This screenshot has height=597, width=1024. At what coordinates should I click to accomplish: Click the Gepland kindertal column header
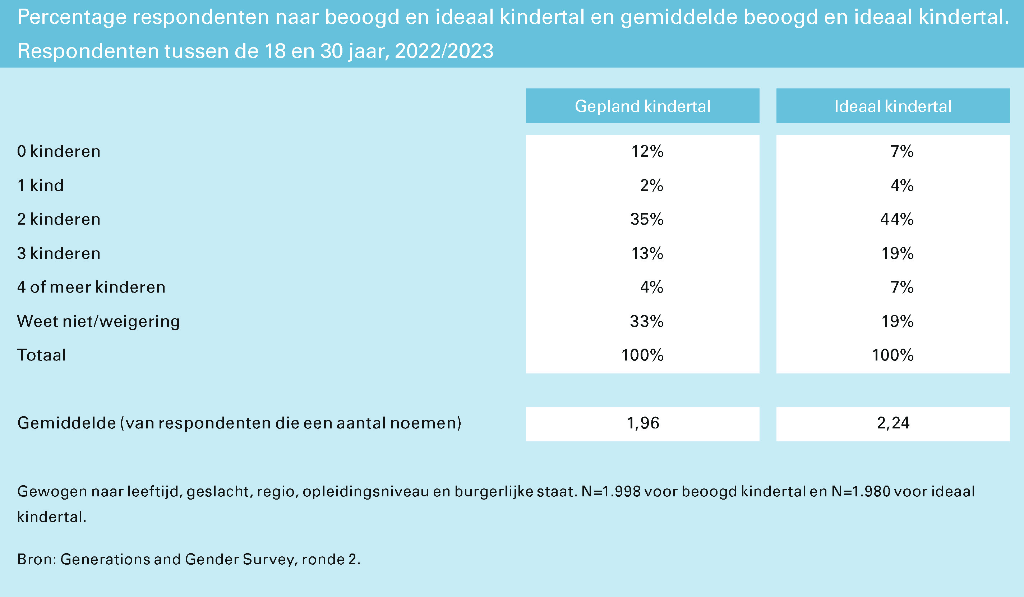[642, 106]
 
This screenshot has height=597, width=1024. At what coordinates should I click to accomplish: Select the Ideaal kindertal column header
[893, 106]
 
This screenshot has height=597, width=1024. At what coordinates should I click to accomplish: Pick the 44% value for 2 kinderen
[897, 219]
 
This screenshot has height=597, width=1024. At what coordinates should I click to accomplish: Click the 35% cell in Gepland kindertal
[646, 219]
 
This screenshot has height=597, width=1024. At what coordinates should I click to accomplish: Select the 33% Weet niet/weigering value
[646, 321]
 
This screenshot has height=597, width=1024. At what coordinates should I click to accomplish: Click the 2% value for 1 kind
[651, 185]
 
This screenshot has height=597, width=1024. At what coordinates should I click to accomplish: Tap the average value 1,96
[643, 423]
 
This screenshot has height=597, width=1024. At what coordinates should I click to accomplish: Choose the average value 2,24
[893, 423]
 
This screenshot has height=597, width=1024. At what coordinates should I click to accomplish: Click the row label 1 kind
[41, 185]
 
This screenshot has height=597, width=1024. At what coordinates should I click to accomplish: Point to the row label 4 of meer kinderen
[91, 287]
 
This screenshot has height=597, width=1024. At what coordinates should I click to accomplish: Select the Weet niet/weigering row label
[98, 321]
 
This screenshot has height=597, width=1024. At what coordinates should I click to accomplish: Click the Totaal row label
[41, 355]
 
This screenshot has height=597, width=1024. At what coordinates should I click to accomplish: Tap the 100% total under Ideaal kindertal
[892, 355]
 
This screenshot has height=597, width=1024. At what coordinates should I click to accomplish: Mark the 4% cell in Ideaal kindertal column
[902, 185]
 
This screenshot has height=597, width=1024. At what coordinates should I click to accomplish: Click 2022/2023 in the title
[444, 51]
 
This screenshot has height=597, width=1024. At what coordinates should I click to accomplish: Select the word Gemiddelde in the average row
[66, 423]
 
